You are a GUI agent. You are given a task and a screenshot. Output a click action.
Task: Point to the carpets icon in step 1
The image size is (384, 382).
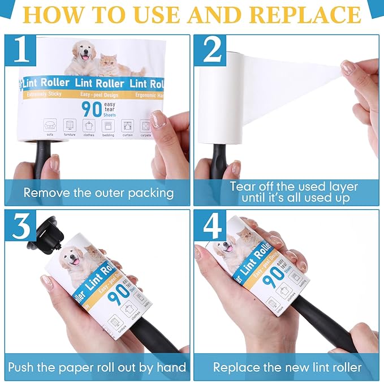(x=145, y=125)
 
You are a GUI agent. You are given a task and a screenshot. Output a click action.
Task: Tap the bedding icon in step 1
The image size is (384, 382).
(x=108, y=125)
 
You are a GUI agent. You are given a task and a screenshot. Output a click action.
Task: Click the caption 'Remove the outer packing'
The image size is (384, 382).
(x=98, y=192)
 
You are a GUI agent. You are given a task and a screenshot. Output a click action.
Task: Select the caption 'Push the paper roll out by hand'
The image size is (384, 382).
(x=97, y=367)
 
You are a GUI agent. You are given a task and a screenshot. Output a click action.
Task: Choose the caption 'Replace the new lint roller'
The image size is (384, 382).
(x=287, y=367)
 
